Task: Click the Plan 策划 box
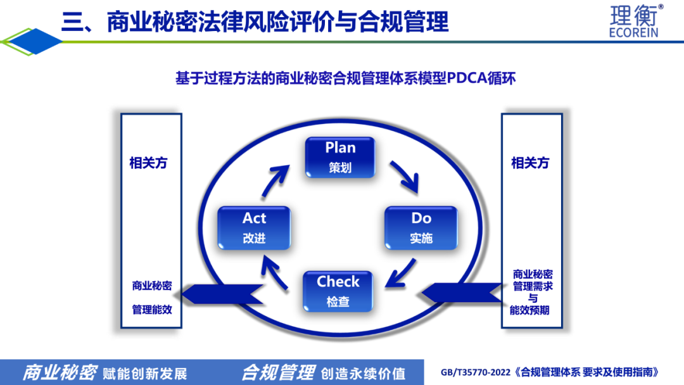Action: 340,157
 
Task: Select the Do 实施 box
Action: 421,227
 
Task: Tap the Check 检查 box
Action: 338,291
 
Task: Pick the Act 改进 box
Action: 254,227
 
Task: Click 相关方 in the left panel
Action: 148,163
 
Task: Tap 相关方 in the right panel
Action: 530,163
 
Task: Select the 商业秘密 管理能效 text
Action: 151,298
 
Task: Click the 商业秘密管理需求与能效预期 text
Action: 532,292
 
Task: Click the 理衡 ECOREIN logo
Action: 634,20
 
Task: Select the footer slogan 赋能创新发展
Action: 144,373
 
